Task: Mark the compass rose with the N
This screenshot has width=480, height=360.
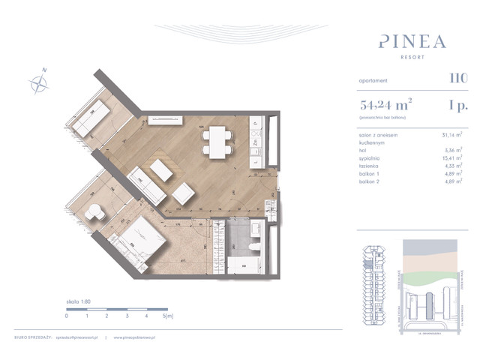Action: pyautogui.click(x=38, y=82)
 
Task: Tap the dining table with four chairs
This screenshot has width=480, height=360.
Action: pyautogui.click(x=217, y=139)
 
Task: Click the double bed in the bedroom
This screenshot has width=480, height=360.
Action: pyautogui.click(x=142, y=240)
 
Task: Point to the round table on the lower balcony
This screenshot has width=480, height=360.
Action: pyautogui.click(x=94, y=212)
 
